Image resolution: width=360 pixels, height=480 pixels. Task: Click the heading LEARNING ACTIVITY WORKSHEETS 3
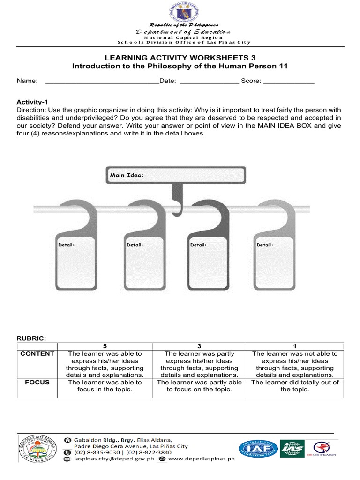coord(180,57)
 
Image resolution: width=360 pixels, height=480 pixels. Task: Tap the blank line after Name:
coord(102,81)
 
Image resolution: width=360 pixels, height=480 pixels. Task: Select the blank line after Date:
coord(209,81)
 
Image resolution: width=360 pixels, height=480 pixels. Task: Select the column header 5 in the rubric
coord(105,346)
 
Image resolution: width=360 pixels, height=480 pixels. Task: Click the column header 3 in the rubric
coord(199,346)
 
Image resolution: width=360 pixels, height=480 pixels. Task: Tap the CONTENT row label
coord(37,354)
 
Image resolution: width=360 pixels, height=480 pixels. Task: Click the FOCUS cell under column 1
coord(295,386)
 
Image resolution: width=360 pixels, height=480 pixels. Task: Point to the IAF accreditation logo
coord(258,449)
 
